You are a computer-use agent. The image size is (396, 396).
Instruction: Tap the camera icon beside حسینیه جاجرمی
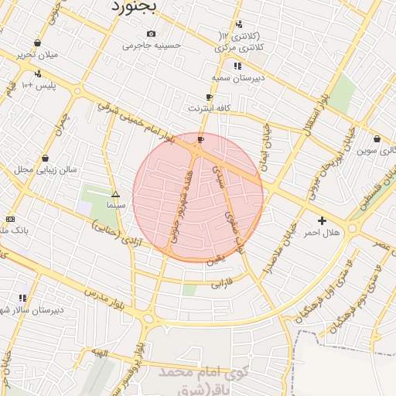pos(151,33)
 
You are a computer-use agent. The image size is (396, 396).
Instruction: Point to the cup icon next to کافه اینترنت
pos(209,97)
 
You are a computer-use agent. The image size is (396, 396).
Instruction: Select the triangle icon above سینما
pos(116,195)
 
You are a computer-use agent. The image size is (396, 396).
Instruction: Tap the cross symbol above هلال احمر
pos(323,220)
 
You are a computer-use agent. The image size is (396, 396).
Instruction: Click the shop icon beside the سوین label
pos(377,139)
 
